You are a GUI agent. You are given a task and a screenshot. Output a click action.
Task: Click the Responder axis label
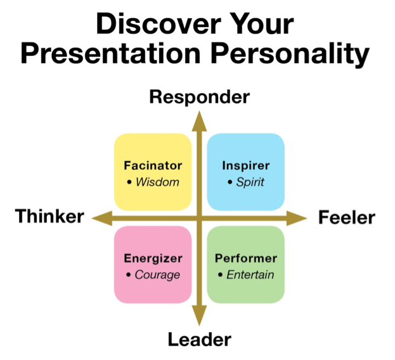(200, 97)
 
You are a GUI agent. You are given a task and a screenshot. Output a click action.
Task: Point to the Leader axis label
(199, 340)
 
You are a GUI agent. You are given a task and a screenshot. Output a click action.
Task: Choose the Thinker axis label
(49, 217)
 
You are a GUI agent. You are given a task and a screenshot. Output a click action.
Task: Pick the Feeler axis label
(346, 218)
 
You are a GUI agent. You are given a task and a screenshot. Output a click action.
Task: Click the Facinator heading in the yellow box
(152, 166)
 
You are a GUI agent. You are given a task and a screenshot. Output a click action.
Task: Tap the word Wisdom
(157, 183)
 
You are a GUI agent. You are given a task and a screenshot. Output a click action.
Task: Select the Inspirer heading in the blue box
(245, 166)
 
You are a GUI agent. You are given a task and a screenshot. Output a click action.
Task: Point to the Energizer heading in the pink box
(153, 259)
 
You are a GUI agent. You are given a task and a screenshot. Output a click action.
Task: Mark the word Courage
(157, 275)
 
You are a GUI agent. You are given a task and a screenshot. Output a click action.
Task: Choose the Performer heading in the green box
(245, 259)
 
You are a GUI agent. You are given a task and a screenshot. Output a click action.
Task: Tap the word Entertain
(249, 275)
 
